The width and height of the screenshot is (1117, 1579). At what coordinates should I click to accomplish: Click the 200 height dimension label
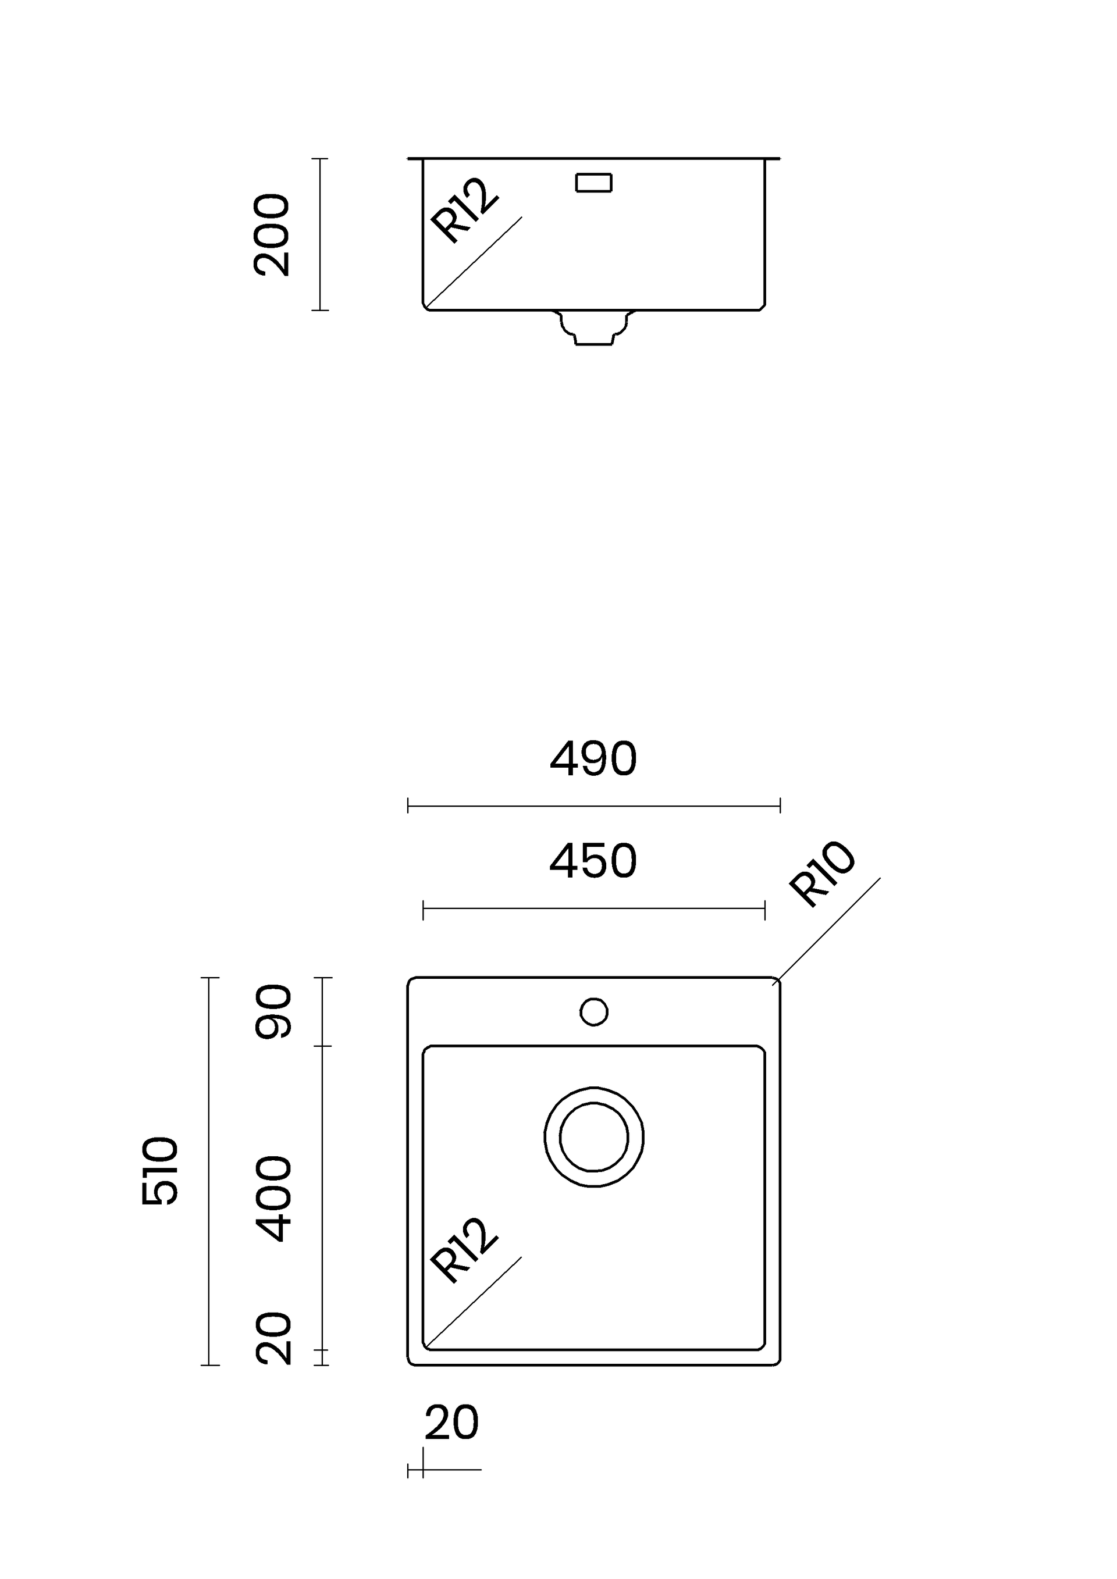(x=272, y=235)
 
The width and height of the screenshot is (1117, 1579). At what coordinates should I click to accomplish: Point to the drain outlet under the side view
(x=594, y=328)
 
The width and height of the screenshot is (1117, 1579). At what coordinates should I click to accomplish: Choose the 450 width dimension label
(x=593, y=862)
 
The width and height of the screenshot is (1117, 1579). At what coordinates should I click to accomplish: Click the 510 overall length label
(x=159, y=1171)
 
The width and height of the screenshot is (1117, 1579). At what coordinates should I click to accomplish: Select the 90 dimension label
(x=273, y=1011)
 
